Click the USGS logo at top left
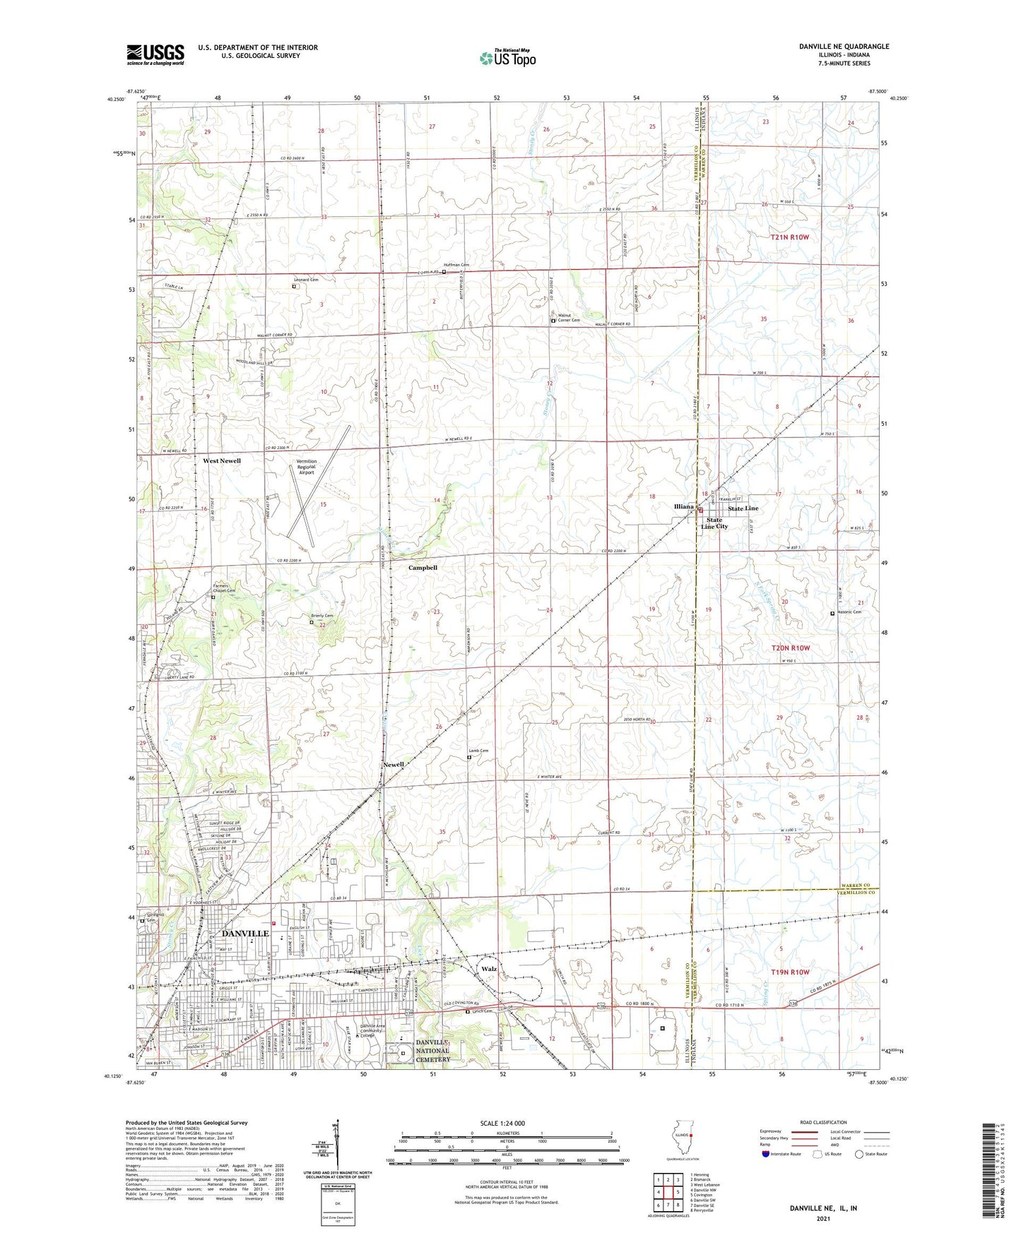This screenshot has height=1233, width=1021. (155, 54)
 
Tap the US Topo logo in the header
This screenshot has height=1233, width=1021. (507, 58)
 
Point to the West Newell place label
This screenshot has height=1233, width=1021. (222, 460)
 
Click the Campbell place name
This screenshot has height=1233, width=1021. (423, 567)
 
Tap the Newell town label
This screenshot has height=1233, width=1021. (394, 765)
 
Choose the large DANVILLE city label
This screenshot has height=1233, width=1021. (245, 933)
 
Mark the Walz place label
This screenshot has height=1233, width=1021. (489, 969)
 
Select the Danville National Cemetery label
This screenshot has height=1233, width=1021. (432, 1050)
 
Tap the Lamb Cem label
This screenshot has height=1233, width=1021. (478, 751)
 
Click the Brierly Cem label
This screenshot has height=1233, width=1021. (322, 616)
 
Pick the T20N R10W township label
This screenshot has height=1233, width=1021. (790, 648)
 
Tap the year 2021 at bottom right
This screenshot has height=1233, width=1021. (823, 1218)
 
